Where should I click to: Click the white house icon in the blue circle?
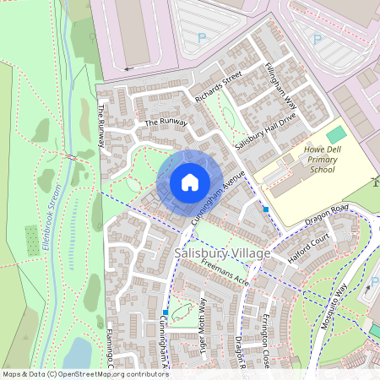[x=190, y=182]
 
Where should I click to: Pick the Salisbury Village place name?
[x=222, y=253]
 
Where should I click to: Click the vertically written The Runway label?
[x=102, y=126]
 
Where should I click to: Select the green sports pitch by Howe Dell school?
[x=336, y=134]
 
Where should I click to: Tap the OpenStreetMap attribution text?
[x=84, y=374]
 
